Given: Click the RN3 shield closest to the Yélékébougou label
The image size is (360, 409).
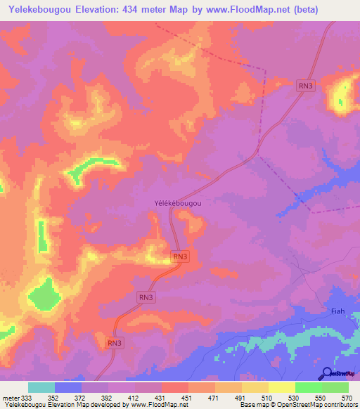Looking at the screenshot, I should [x=180, y=257].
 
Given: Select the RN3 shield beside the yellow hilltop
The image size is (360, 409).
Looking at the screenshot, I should [x=305, y=86].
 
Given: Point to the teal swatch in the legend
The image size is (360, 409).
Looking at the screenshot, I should [x=41, y=387].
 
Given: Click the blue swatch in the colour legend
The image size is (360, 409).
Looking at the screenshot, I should [x=68, y=387].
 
